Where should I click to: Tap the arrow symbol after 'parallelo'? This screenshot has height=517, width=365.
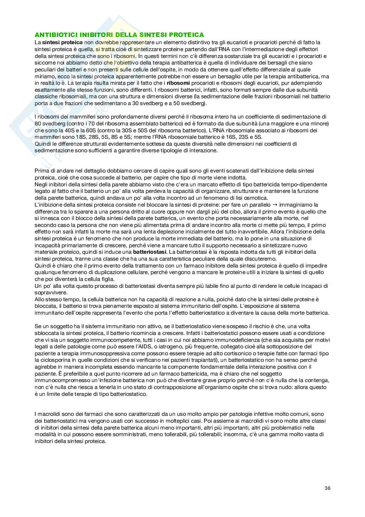point(274,205)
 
